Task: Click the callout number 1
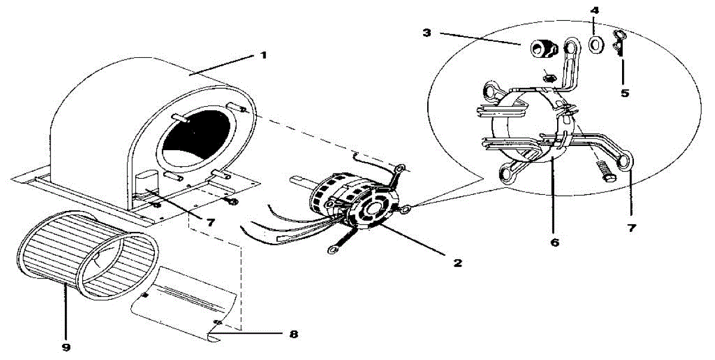263,55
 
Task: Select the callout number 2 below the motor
457,262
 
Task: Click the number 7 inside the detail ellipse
632,228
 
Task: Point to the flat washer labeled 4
595,44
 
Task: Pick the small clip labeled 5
619,43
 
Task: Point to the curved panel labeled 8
185,301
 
